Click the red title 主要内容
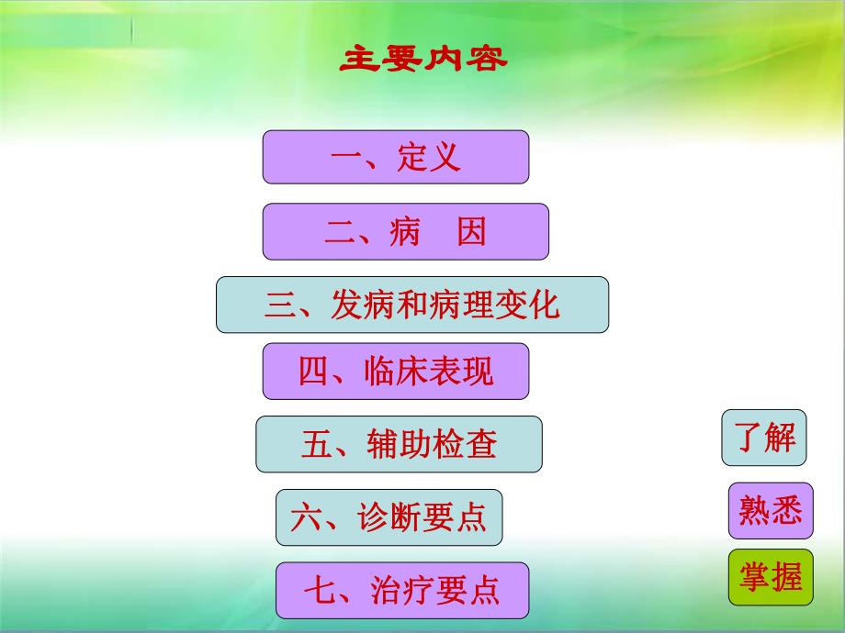(x=423, y=60)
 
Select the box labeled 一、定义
(x=396, y=157)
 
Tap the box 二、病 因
(x=405, y=231)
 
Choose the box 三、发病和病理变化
(x=412, y=305)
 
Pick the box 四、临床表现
(x=396, y=372)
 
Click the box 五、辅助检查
(x=399, y=445)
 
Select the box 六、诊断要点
(x=389, y=517)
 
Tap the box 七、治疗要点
(x=402, y=590)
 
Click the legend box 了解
(x=764, y=438)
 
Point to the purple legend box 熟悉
(x=771, y=510)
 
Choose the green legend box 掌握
(x=771, y=577)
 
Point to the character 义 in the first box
(x=445, y=158)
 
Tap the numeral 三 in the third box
(x=279, y=305)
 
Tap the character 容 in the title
(x=487, y=60)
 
